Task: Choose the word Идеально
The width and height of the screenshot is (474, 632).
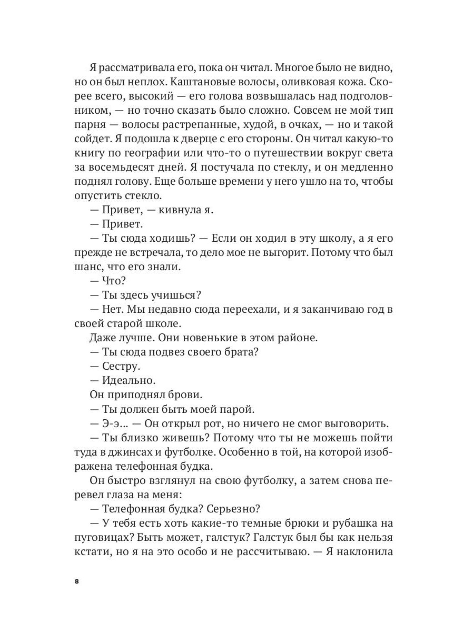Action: click(127, 380)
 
